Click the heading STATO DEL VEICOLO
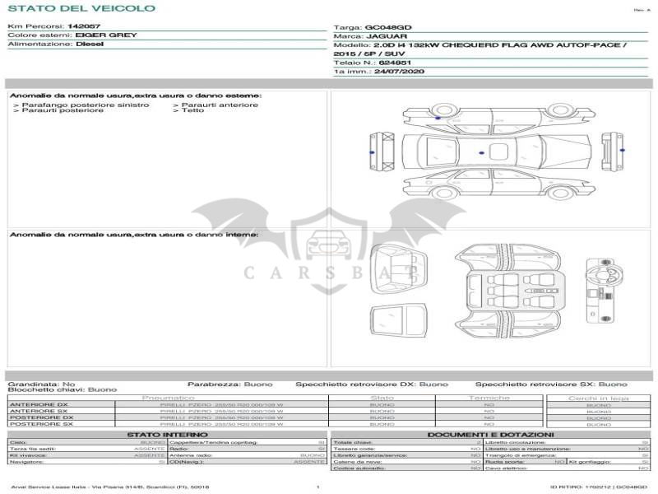point(81,8)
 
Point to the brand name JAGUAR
point(385,36)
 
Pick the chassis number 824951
point(395,63)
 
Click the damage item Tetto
point(192,110)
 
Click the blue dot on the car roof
point(481,151)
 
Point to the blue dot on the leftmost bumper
point(372,152)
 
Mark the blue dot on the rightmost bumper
point(621,150)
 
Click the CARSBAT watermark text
point(329,273)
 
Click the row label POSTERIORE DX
point(41,417)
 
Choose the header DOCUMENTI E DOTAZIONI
point(490,434)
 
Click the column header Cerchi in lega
point(598,398)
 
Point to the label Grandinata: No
point(41,384)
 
